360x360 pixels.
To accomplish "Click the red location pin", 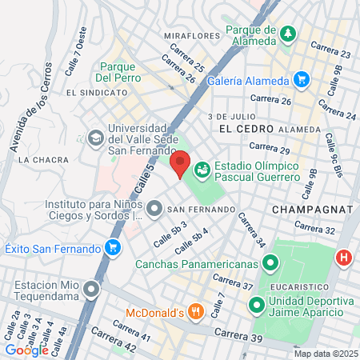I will [180, 163].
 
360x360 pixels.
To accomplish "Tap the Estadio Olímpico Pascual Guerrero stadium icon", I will [202, 169].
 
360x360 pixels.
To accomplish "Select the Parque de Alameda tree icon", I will [288, 34].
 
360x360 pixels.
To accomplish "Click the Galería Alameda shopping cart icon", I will [301, 79].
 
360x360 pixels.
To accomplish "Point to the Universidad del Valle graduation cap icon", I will [96, 137].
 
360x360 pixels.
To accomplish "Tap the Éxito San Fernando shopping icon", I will [113, 247].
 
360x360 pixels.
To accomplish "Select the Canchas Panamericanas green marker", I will [272, 262].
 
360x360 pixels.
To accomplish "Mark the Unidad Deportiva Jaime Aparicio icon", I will [257, 305].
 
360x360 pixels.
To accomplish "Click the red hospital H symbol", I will [344, 258].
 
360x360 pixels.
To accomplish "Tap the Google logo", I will [26, 350].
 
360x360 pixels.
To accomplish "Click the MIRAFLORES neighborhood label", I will [192, 36].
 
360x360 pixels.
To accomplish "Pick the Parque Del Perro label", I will [118, 73].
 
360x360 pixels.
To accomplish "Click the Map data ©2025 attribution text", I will [325, 354].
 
